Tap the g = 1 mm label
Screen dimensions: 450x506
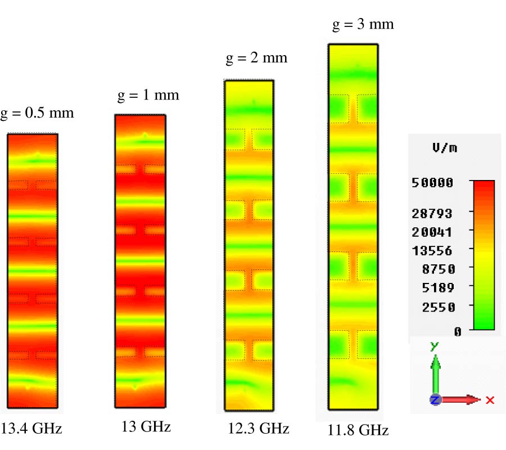[148, 95]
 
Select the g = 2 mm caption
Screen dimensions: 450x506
[256, 58]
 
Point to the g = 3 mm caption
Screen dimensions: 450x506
[363, 24]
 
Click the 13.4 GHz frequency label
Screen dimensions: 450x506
[31, 429]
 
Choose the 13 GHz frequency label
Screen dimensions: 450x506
[146, 427]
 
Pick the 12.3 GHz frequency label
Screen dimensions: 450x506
[259, 429]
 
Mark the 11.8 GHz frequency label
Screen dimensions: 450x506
[358, 431]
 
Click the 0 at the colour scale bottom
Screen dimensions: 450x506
[457, 332]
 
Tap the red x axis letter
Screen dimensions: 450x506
[490, 400]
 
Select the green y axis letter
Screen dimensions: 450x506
[433, 346]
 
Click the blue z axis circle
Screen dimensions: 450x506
[435, 400]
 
